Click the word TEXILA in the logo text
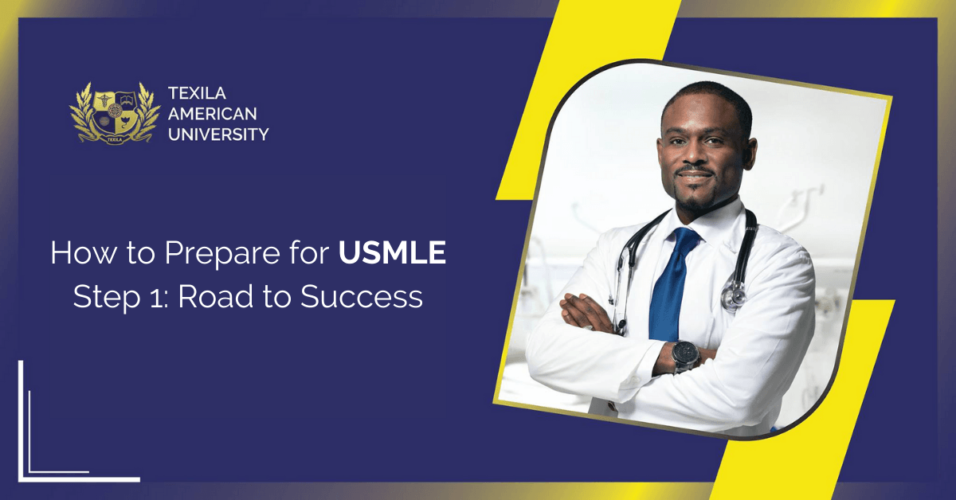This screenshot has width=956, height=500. [198, 93]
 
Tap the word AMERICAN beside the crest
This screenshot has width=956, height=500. [213, 114]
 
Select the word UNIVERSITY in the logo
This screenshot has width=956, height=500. [218, 135]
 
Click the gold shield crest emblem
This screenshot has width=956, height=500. [116, 113]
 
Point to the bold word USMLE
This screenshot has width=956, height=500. [392, 252]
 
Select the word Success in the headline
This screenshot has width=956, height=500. [362, 297]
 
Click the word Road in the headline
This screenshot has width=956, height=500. [216, 296]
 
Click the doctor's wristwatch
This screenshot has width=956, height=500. [686, 355]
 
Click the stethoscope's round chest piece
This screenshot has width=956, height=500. [734, 295]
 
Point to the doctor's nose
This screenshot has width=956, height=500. [695, 153]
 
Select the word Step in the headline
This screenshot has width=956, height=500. [107, 298]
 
